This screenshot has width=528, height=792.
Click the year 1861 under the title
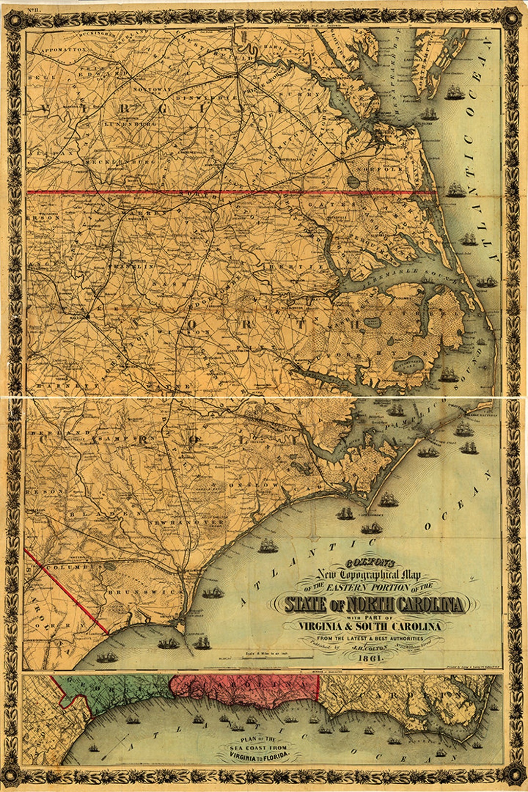[371, 658]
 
